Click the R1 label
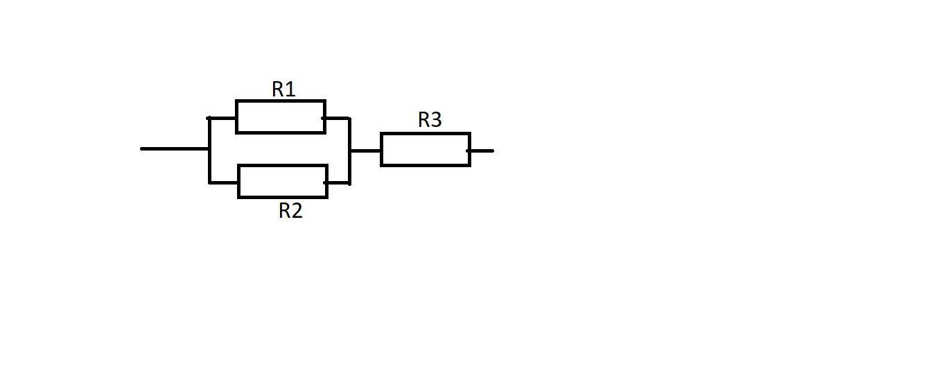click(x=283, y=89)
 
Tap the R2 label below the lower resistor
click(x=290, y=211)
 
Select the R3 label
click(x=430, y=120)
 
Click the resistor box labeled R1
click(x=281, y=117)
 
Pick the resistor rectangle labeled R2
click(x=283, y=182)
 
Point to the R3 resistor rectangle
click(x=426, y=149)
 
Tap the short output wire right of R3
click(x=482, y=151)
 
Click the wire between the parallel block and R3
click(x=365, y=151)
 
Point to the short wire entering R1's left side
click(x=222, y=119)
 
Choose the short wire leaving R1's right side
click(x=338, y=119)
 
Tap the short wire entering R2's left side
click(x=224, y=183)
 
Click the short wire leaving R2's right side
click(x=338, y=183)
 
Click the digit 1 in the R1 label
click(x=291, y=89)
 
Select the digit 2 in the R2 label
click(x=297, y=211)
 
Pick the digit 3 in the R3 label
click(x=436, y=120)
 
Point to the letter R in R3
click(x=423, y=120)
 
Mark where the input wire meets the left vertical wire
click(x=209, y=148)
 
